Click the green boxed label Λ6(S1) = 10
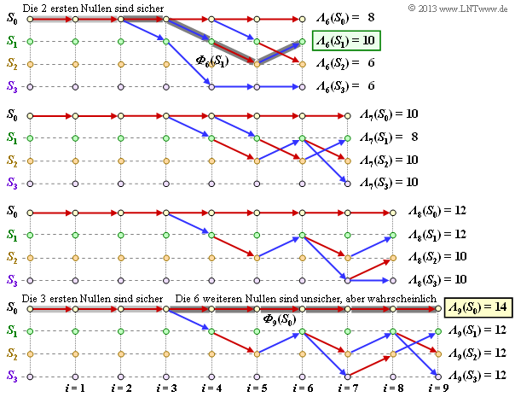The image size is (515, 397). [345, 40]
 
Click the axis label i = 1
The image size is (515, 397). [75, 388]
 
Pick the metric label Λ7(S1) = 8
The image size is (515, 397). [388, 136]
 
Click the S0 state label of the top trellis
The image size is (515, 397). [11, 18]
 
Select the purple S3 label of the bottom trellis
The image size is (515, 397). [11, 376]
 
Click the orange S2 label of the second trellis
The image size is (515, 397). [11, 160]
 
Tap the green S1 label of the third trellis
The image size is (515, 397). [11, 233]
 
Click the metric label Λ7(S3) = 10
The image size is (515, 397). [388, 182]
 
